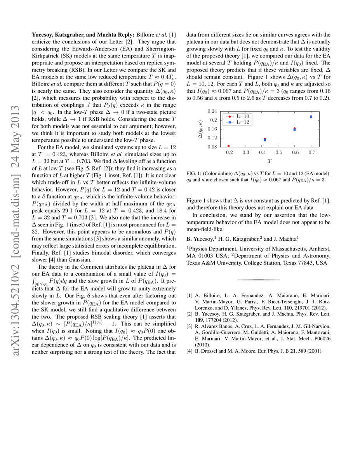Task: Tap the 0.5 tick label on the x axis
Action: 278,152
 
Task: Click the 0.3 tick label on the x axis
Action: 245,152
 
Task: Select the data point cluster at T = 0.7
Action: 311,116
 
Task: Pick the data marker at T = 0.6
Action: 294,129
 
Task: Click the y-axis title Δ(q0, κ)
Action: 200,129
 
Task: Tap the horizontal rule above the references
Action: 258,280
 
